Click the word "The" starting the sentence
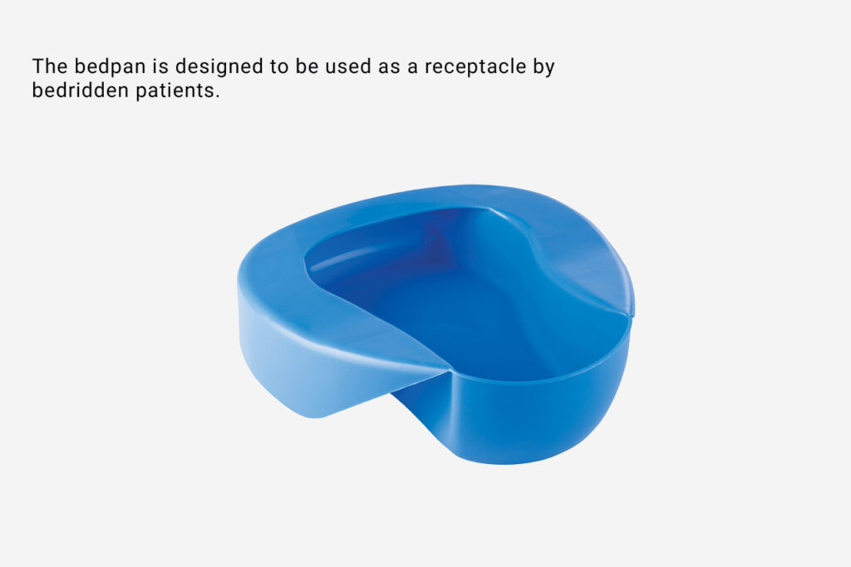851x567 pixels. point(50,67)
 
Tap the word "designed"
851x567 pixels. point(219,67)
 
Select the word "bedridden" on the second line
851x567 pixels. point(81,90)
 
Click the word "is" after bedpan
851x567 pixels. point(160,67)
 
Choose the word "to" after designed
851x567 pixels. point(279,67)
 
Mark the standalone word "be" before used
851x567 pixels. point(307,67)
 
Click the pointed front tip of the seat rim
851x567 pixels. point(450,369)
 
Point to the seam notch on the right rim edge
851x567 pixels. point(632,315)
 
